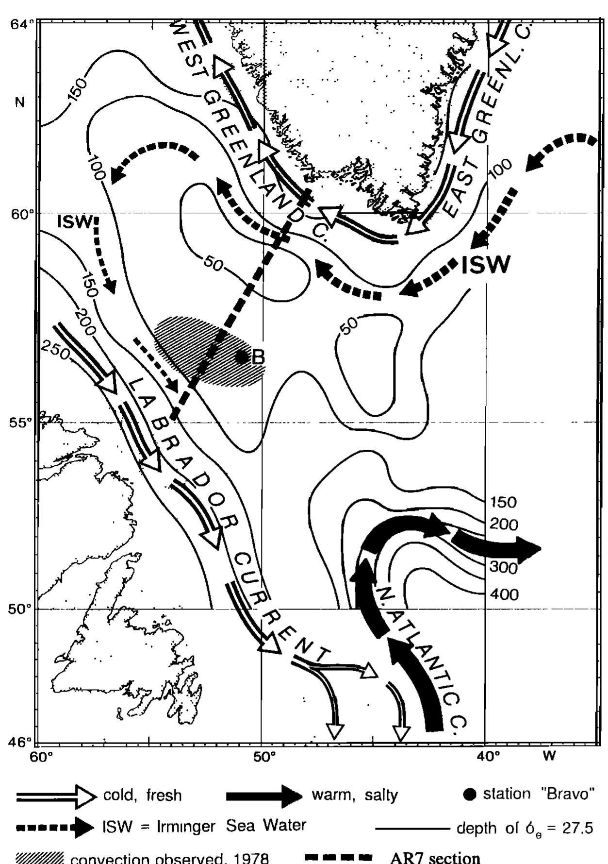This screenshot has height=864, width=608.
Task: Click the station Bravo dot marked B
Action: pyautogui.click(x=241, y=357)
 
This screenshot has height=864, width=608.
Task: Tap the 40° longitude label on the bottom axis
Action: pyautogui.click(x=487, y=756)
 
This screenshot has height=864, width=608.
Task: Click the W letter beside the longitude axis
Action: pyautogui.click(x=549, y=756)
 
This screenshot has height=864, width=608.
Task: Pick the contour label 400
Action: pyautogui.click(x=504, y=594)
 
